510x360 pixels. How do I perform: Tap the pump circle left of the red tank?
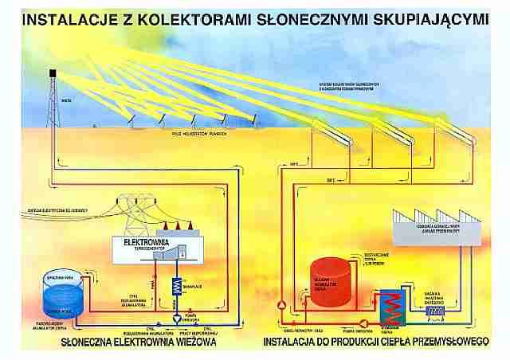(x=280, y=304)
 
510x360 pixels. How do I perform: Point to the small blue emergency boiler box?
(x=437, y=312)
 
